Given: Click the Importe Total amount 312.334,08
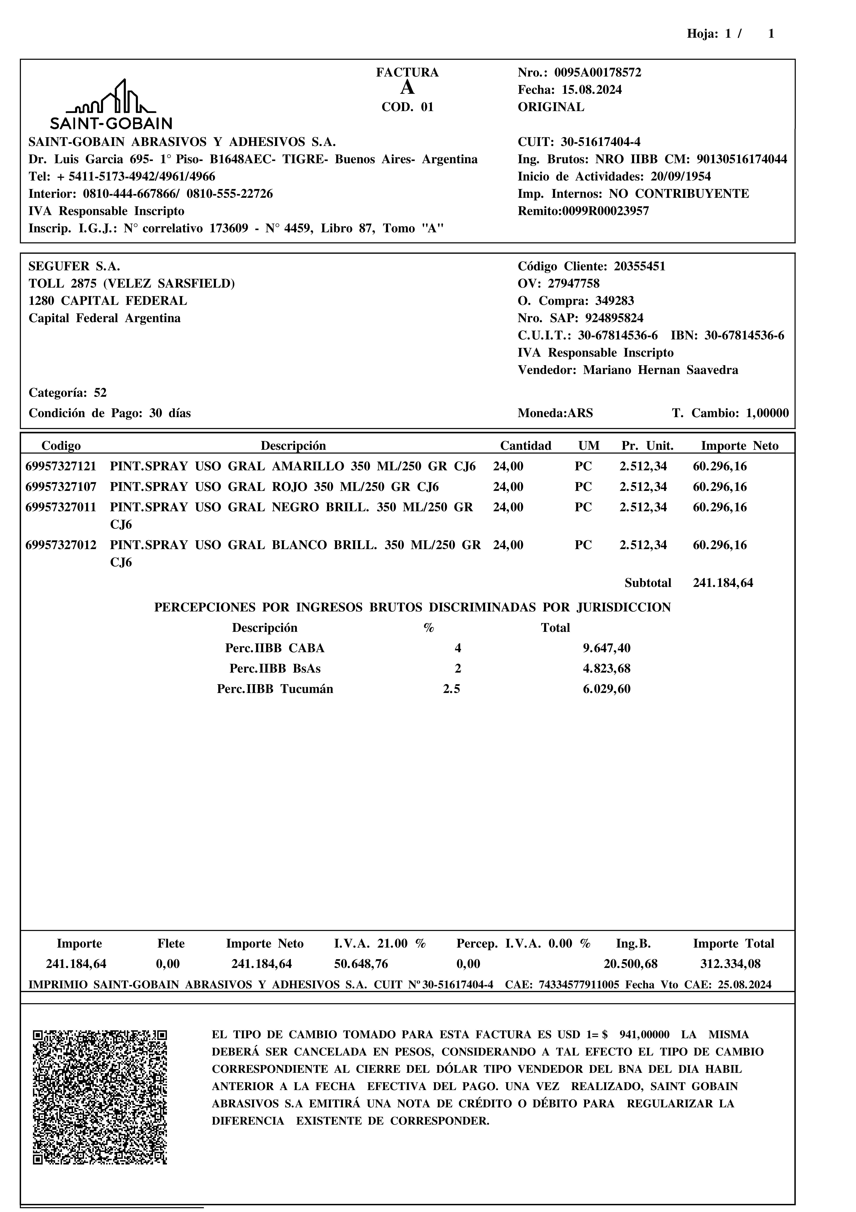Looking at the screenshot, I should tap(731, 964).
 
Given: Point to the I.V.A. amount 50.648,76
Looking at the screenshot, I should tap(361, 964).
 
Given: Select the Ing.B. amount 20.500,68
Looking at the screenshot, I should tap(631, 964).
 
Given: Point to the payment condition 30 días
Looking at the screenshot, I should tap(170, 413).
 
